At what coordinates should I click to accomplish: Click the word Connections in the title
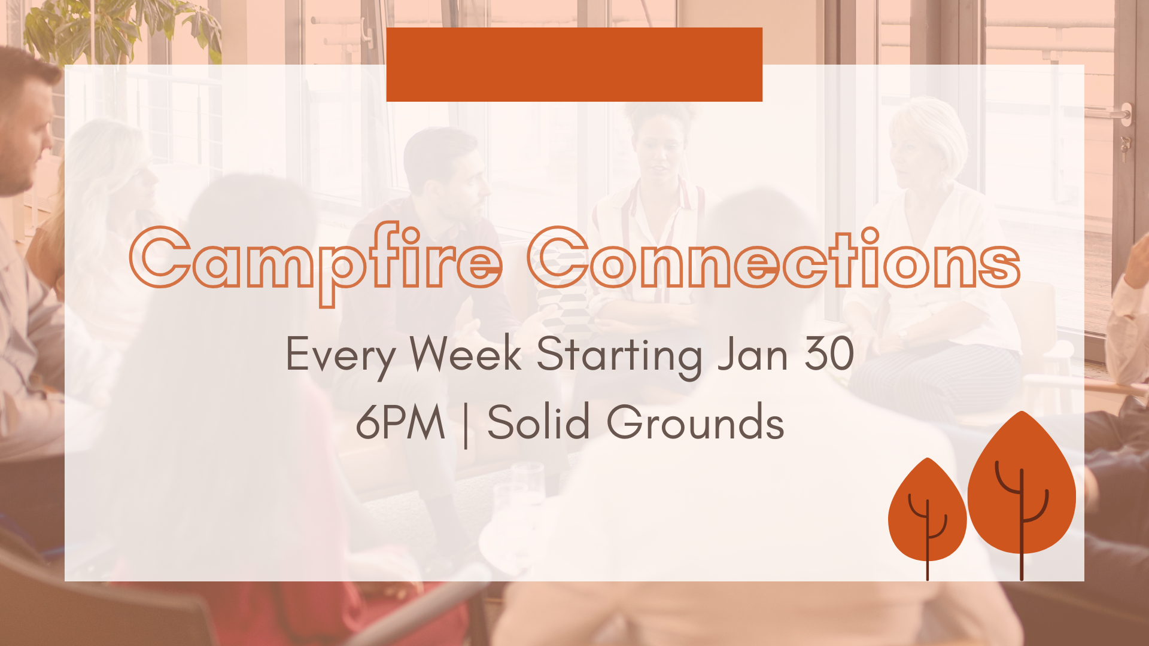coord(774,258)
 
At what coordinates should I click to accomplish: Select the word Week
coord(466,354)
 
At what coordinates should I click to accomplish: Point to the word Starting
coord(619,356)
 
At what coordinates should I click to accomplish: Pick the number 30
coord(829,354)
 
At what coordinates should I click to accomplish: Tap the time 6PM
coord(400,422)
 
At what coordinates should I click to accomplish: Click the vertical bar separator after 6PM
coord(466,425)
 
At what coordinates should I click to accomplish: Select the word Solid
coord(539,421)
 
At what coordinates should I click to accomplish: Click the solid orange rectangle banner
coord(574,65)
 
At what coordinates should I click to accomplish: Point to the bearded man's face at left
coord(24,138)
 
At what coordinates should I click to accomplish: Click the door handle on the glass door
coord(1118,114)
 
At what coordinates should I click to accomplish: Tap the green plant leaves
coord(120,30)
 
